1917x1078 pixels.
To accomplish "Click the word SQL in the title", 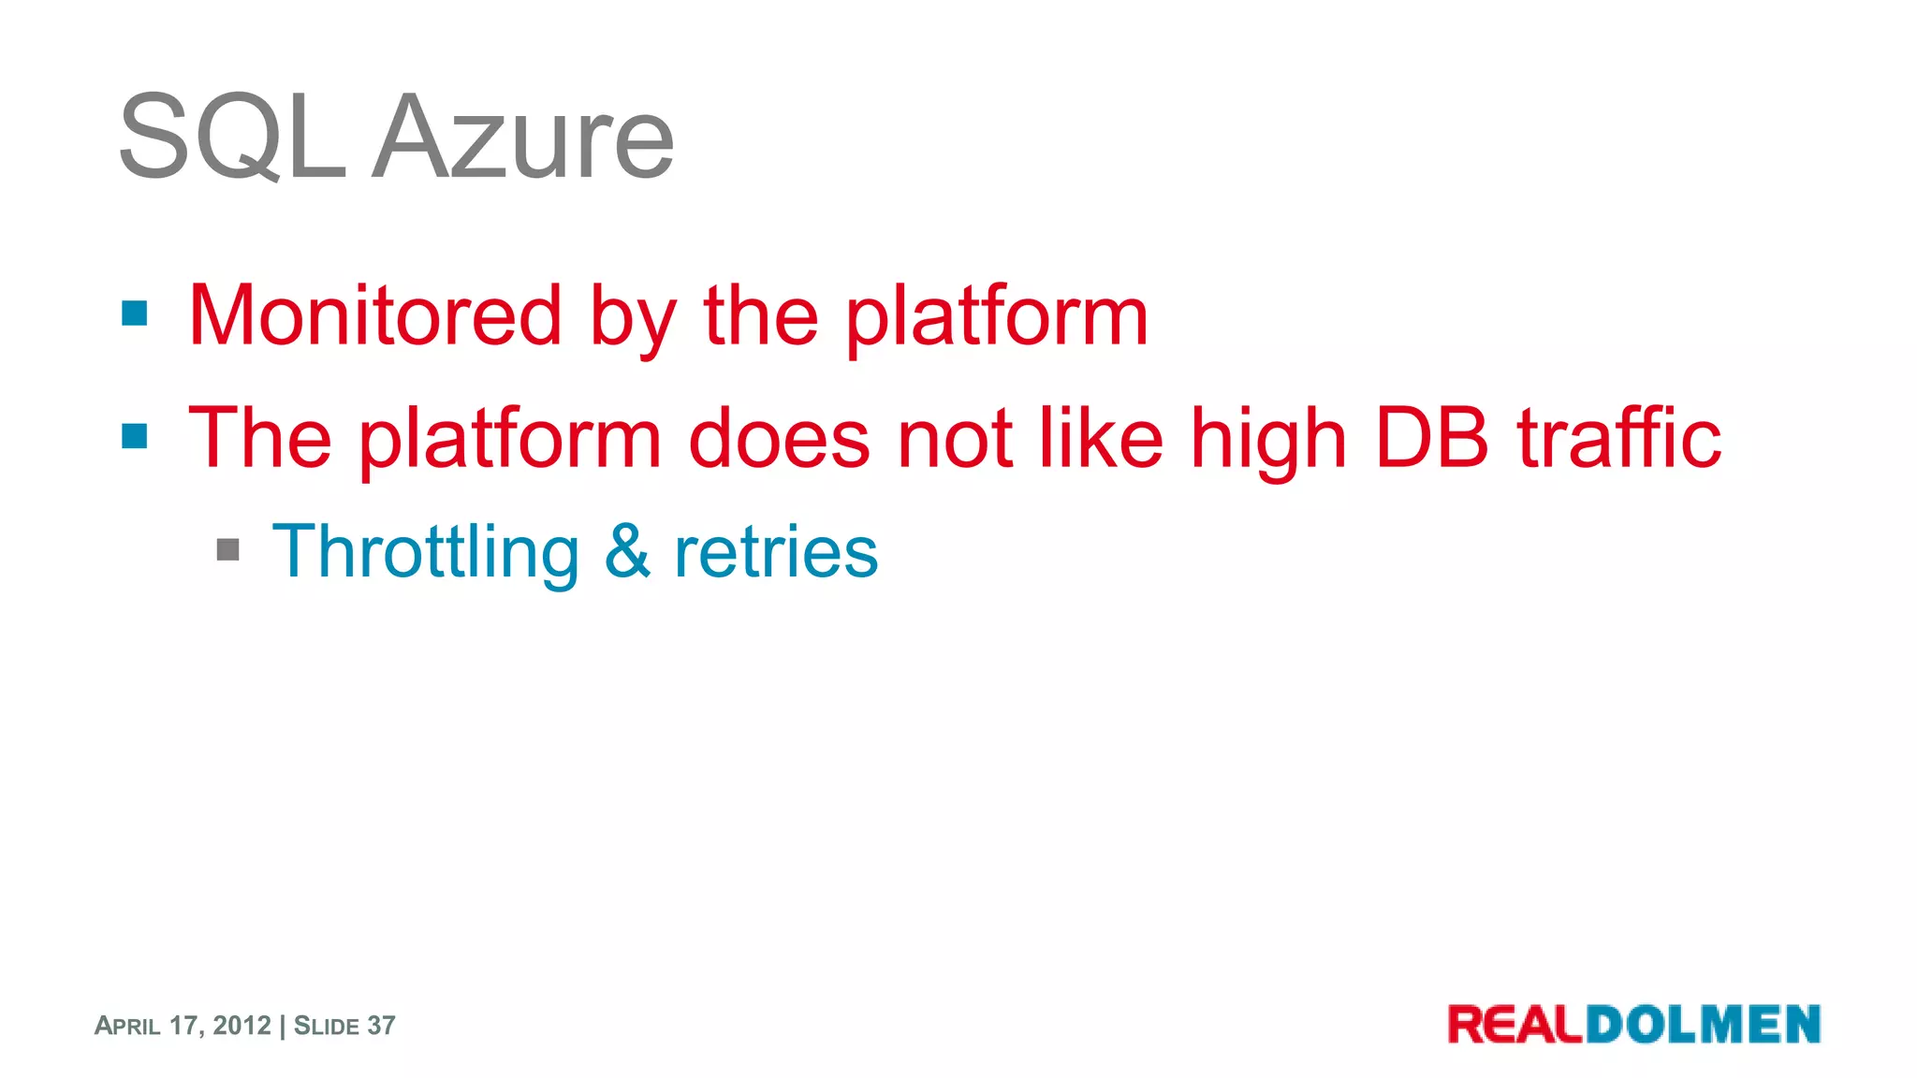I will click(x=231, y=138).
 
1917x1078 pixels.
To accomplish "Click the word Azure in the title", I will click(x=523, y=138).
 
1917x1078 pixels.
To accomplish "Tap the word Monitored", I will click(x=375, y=316).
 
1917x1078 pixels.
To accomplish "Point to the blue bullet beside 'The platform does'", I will click(x=135, y=435).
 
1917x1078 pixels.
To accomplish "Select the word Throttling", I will click(x=426, y=552).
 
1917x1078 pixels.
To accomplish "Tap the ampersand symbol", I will click(x=627, y=551).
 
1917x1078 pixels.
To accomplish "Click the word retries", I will click(x=776, y=552).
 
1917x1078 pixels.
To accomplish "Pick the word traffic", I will click(x=1618, y=437).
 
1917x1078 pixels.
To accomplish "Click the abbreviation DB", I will click(x=1431, y=437).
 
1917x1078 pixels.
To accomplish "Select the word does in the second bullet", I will click(x=779, y=437).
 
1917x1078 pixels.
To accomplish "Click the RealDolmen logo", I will click(x=1633, y=1024).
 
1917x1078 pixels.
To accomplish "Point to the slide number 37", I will click(x=381, y=1026).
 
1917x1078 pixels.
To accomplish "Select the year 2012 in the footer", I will click(x=241, y=1026).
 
